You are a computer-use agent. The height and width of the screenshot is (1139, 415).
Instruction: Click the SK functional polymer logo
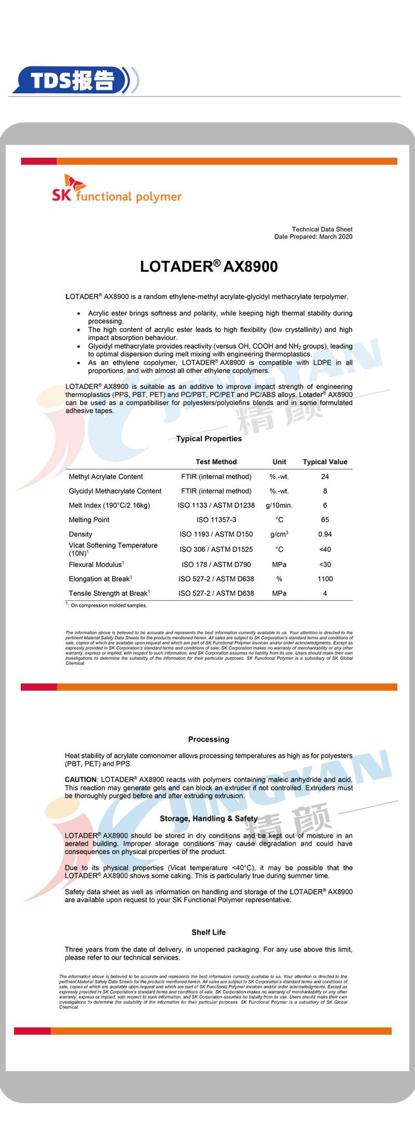coord(116,190)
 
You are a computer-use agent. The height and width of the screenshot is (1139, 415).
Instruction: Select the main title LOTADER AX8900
coord(209,267)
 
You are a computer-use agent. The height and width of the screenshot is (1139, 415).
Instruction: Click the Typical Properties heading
coord(209,439)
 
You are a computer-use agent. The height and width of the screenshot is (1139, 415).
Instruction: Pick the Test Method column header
coord(216,462)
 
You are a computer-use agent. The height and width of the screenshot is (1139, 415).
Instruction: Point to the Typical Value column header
coord(325,462)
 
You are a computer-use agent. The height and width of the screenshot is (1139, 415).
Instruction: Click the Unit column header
coord(279,462)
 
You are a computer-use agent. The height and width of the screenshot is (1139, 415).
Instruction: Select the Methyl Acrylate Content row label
coord(106,477)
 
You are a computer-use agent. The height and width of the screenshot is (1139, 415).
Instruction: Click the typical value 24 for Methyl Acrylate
coord(325,477)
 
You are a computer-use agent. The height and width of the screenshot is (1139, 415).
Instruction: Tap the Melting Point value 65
coord(325,520)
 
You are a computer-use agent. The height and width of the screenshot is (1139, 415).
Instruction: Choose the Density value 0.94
coord(325,534)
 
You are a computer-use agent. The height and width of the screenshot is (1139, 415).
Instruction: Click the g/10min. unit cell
coord(279,505)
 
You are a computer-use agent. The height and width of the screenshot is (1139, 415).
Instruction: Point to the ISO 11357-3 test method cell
coord(216,520)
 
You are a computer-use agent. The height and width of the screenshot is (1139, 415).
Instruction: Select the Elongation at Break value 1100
coord(325,579)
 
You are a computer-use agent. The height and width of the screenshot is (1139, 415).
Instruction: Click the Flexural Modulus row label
coord(96,564)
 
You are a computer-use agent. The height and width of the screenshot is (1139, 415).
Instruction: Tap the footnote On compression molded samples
coord(108,605)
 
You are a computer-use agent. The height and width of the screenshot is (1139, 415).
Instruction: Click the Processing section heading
coord(209,740)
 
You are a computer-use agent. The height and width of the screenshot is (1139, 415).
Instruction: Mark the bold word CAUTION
coord(80,780)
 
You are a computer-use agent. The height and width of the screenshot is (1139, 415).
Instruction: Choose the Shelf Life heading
coord(209,932)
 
